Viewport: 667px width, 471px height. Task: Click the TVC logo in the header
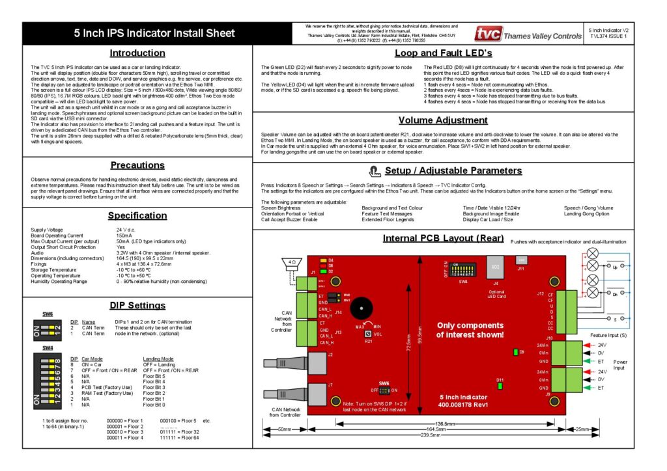pyautogui.click(x=488, y=34)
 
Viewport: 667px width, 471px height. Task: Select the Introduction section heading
pyautogui.click(x=137, y=53)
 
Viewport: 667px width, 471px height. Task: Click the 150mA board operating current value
pyautogui.click(x=125, y=235)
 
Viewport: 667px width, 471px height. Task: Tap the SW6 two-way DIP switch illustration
pyautogui.click(x=48, y=332)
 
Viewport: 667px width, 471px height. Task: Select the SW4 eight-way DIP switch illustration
pyautogui.click(x=48, y=379)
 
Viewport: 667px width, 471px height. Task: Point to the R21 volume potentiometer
pyautogui.click(x=369, y=334)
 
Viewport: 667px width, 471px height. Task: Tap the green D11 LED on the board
pyautogui.click(x=500, y=386)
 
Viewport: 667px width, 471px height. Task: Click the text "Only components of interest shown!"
pyautogui.click(x=470, y=330)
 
